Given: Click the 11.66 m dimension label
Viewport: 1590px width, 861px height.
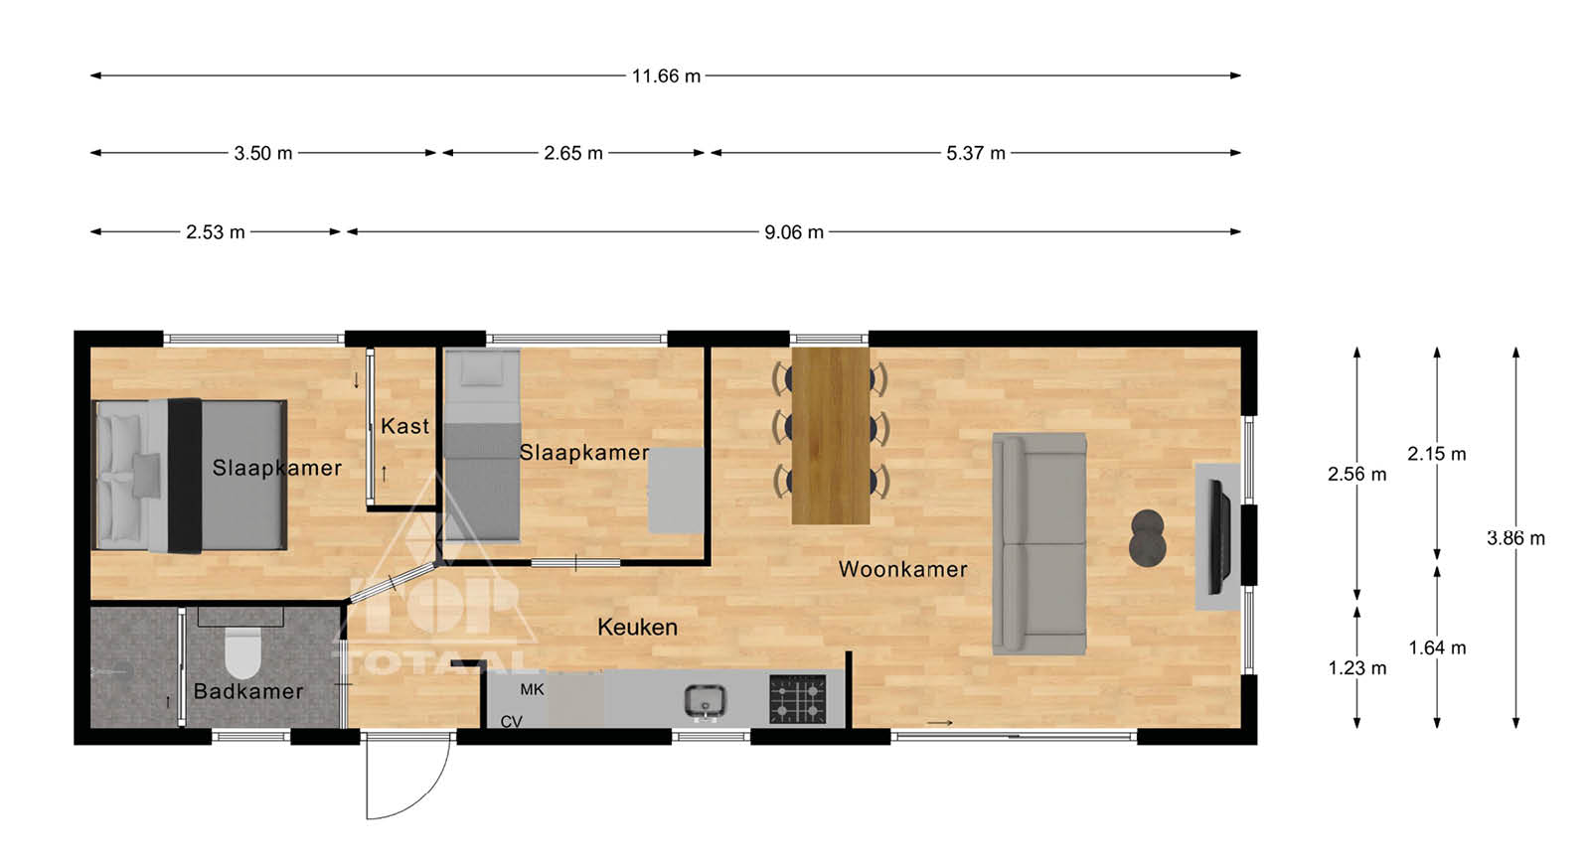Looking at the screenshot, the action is (666, 75).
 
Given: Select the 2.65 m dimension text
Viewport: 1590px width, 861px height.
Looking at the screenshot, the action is (572, 153).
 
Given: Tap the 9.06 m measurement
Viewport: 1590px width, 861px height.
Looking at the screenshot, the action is (794, 232).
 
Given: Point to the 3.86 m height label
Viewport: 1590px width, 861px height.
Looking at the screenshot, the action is (1515, 538).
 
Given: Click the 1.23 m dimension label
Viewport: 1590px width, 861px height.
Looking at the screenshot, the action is (1357, 668).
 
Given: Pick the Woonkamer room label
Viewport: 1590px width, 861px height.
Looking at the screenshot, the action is (903, 569).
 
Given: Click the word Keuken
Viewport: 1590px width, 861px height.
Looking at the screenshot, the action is (637, 627).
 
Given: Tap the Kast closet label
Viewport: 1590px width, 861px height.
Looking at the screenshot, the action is (404, 426).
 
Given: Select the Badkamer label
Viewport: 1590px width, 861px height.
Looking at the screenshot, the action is (248, 691).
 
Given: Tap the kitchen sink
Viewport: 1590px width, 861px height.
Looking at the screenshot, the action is (705, 702).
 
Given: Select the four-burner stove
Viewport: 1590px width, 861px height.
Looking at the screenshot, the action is (799, 699).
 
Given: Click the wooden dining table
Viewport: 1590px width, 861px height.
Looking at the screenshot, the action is (831, 435).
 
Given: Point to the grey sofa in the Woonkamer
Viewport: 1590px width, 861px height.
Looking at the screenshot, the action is (1039, 543).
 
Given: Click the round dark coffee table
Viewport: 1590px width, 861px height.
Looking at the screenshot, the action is (1147, 539).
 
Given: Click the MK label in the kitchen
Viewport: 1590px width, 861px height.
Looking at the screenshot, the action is (533, 689).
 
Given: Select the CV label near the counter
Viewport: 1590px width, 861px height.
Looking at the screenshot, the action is (511, 722).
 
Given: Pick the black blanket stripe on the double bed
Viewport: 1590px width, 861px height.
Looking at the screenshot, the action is (185, 476).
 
